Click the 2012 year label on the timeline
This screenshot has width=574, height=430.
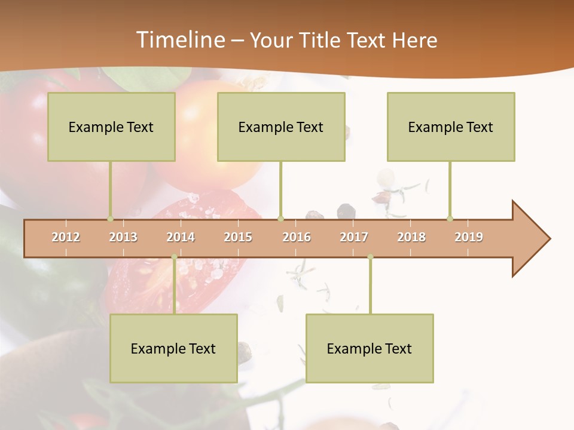coord(66,237)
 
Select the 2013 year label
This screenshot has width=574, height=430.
coord(123,237)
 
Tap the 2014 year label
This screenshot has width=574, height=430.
coord(181,237)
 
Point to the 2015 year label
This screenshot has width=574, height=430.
coord(238,237)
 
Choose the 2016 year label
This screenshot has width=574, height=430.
coord(297,237)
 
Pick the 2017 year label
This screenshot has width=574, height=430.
coord(354,237)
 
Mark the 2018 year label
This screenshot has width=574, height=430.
coord(411,237)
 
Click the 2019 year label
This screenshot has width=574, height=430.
coord(469,237)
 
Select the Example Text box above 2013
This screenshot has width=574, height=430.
coord(111,127)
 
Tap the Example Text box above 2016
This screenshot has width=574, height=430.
coord(281,127)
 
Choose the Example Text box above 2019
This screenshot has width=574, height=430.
coord(451,127)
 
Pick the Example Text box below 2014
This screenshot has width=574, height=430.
coord(173,348)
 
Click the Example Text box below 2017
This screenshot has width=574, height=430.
coord(370,348)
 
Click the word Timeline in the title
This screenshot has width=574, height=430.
coord(179,40)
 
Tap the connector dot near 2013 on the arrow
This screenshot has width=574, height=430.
coord(110,219)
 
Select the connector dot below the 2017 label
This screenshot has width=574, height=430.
coord(370,257)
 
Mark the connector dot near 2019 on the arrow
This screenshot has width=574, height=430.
coord(450,219)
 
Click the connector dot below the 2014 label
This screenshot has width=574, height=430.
coord(174,257)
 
